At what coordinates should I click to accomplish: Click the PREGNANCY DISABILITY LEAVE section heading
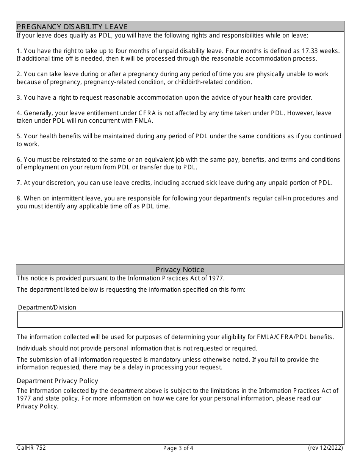(x=72, y=27)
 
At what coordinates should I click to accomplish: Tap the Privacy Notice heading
(x=180, y=269)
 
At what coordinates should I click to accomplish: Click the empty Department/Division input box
(x=180, y=319)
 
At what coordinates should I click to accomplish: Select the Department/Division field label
(x=47, y=307)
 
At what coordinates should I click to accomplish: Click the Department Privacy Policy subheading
(x=57, y=381)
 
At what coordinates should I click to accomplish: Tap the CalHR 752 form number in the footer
(x=31, y=448)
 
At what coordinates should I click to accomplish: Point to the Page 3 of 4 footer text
(x=178, y=448)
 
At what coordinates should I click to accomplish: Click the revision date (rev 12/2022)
(x=325, y=448)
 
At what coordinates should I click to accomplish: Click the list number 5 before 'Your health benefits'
(x=19, y=136)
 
